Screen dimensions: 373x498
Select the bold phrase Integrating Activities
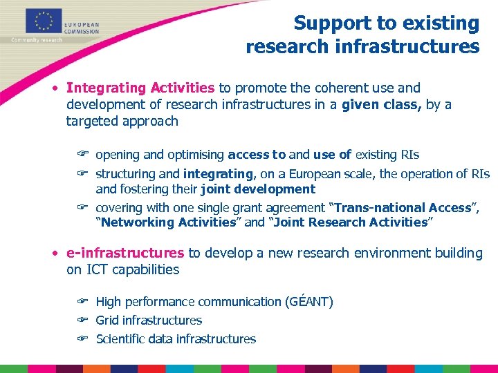(140, 88)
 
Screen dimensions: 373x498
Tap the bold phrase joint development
(258, 189)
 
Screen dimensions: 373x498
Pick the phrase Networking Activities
(169, 222)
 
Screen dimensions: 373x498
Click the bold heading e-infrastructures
(125, 253)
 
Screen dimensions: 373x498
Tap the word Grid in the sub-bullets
(107, 321)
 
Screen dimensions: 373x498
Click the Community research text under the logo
(37, 39)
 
